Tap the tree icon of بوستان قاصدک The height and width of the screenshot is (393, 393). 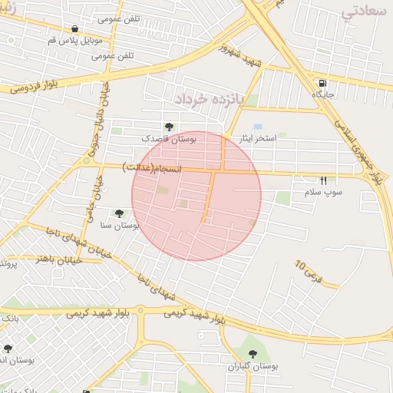169,127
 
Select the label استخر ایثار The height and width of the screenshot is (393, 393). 254,139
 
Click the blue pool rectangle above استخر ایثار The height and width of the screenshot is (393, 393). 258,126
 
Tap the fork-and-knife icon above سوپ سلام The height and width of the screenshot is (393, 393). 323,180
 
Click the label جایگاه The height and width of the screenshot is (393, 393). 322,94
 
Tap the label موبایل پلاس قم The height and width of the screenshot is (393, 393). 74,39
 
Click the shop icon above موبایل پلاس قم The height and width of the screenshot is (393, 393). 74,28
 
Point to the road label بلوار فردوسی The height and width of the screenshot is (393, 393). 34,87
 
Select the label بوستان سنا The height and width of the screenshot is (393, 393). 119,225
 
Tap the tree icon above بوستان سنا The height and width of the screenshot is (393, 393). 119,213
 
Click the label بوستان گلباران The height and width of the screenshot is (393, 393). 253,365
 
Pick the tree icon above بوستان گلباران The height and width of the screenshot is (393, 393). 253,354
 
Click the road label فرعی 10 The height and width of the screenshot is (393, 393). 309,270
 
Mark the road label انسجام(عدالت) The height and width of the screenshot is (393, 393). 151,167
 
